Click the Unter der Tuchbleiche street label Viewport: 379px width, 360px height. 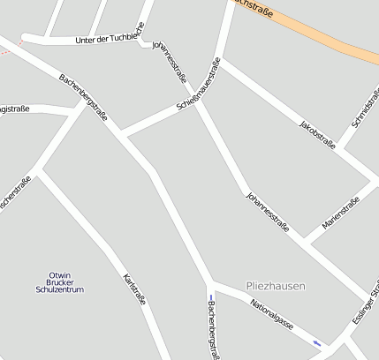(x=106, y=39)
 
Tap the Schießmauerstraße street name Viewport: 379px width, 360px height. (x=199, y=87)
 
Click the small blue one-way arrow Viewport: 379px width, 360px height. (x=317, y=342)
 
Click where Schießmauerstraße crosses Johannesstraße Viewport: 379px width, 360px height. (x=199, y=104)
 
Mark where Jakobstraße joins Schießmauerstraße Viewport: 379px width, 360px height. (x=223, y=60)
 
